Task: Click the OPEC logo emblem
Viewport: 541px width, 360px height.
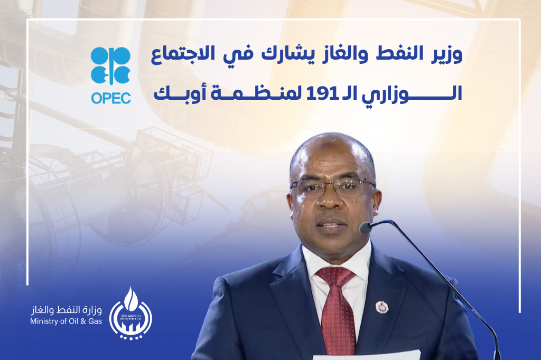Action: pyautogui.click(x=111, y=65)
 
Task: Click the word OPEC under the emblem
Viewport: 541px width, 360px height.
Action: pyautogui.click(x=111, y=98)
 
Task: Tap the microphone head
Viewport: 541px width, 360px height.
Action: pyautogui.click(x=366, y=227)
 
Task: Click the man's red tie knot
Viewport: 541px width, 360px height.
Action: pyautogui.click(x=335, y=276)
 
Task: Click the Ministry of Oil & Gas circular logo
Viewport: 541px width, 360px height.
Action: pyautogui.click(x=130, y=314)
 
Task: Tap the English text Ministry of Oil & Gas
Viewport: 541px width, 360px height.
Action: pyautogui.click(x=66, y=321)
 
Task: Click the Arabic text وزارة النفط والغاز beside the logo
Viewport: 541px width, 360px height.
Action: pyautogui.click(x=66, y=310)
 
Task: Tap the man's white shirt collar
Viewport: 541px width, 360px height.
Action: pyautogui.click(x=337, y=262)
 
